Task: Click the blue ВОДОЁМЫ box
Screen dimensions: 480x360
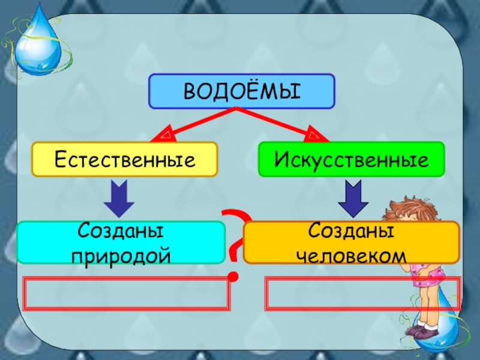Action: (x=241, y=91)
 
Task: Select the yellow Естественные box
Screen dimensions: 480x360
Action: (x=124, y=159)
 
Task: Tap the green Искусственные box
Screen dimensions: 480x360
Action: (x=351, y=159)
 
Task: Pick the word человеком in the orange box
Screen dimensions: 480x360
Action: (x=351, y=255)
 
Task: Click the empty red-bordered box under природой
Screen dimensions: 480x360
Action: (x=127, y=293)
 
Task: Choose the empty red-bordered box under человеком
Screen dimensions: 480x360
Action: (x=362, y=293)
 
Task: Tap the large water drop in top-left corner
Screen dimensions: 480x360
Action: (x=38, y=45)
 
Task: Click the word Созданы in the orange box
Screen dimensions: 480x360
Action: (x=351, y=232)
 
